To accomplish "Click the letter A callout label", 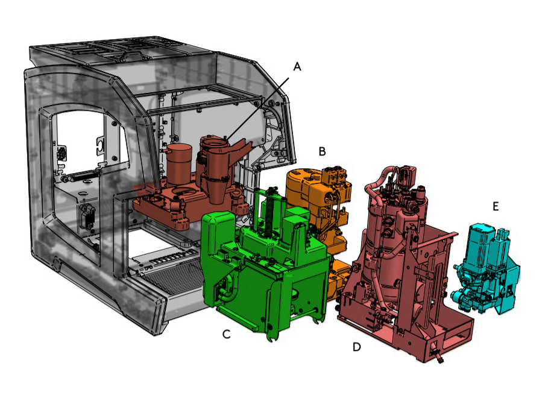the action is point(297,66).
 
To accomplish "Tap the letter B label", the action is point(322,151).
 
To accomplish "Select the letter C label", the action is point(227,334).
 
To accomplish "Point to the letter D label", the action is point(357,347).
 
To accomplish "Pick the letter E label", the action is point(496,206).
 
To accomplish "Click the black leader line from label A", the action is point(257,109).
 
